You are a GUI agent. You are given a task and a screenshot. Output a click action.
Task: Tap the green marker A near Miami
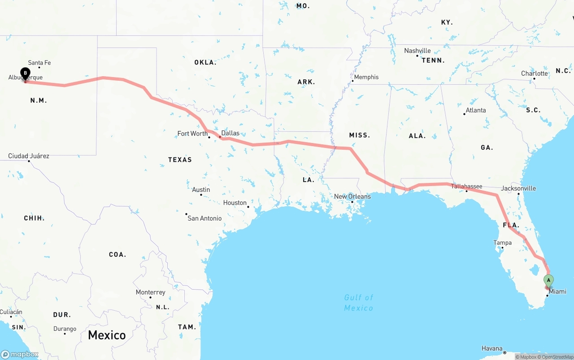coord(548,281)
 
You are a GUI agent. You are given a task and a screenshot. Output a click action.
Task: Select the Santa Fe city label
coord(39,63)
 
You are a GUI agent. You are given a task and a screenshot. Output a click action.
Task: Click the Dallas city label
coord(230,133)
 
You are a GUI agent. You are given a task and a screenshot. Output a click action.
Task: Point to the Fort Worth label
coord(192,134)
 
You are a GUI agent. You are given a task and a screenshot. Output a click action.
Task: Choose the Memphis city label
coord(366,77)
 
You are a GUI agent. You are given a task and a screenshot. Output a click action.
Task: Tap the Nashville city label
coord(417,51)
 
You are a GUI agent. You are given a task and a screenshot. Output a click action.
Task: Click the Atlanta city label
coord(475,110)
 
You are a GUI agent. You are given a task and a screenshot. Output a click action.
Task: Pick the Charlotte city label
coord(534,74)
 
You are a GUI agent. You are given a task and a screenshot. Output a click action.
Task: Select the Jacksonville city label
coord(518,188)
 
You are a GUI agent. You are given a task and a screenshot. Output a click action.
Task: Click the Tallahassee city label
coord(466,187)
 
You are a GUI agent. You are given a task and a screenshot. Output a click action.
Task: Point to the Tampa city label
coord(502,243)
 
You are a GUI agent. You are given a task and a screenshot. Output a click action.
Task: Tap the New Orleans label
coord(352,196)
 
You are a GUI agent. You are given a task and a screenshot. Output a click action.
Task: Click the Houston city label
coord(235,203)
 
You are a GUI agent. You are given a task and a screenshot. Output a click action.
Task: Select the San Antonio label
coord(204,218)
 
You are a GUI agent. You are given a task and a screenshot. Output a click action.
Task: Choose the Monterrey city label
coord(151,292)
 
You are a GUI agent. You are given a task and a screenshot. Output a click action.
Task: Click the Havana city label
coord(492,348)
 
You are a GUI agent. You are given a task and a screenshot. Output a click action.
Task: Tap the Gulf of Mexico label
coord(358,303)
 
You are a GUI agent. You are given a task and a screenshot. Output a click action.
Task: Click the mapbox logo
coord(20,354)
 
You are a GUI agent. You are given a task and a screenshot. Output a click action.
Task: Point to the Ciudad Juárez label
coord(29,156)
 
